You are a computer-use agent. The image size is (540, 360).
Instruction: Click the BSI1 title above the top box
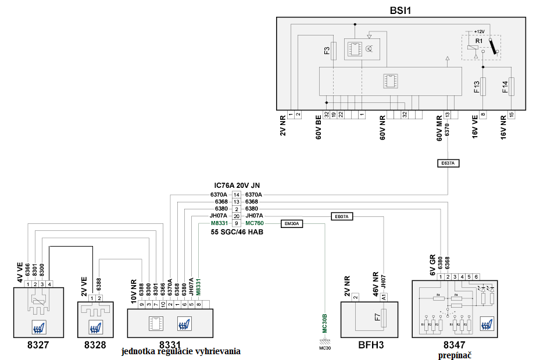coord(400,10)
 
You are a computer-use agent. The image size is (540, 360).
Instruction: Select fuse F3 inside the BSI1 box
coord(334,51)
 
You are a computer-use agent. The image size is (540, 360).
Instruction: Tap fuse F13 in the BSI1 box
coord(483,87)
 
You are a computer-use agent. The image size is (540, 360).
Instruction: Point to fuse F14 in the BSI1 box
coord(512,87)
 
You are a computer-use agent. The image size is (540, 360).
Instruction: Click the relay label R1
coord(479,42)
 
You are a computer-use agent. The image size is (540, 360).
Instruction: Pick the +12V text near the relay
coord(478,31)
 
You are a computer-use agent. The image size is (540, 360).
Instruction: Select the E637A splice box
coord(447,163)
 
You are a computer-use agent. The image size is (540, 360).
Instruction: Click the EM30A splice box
coord(292,223)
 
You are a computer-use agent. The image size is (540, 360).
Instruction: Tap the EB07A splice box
coord(342,216)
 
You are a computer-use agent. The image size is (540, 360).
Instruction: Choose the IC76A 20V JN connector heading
coord(237,186)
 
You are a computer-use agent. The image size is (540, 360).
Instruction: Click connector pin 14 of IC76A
coord(237,194)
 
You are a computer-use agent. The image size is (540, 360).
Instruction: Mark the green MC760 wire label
coord(255,223)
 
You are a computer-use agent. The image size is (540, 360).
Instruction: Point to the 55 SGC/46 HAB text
coord(237,231)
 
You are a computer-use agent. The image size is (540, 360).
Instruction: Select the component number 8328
coord(95,344)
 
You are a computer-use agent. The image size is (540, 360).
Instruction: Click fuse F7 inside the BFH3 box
coord(378,318)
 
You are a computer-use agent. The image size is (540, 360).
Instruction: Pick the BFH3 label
coord(370,344)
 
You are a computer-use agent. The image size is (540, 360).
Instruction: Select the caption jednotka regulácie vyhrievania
coord(181,352)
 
